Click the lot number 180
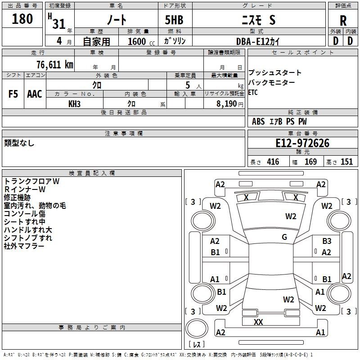click(x=22, y=19)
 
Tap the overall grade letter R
click(x=343, y=21)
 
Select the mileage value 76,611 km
click(x=55, y=65)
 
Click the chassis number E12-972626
click(x=302, y=143)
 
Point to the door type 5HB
click(x=174, y=20)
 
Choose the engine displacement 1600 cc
click(x=141, y=41)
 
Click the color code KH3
click(x=74, y=104)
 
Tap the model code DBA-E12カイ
click(x=258, y=41)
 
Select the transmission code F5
click(x=13, y=94)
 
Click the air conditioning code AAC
click(x=35, y=94)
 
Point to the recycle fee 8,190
click(x=226, y=104)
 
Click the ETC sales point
click(x=253, y=93)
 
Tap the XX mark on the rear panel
click(x=258, y=322)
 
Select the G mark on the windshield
click(x=284, y=237)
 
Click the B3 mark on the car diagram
click(x=327, y=241)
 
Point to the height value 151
click(x=346, y=162)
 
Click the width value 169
click(x=310, y=162)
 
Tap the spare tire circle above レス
click(x=197, y=328)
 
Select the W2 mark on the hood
click(x=291, y=216)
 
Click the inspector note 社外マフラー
click(x=24, y=246)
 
